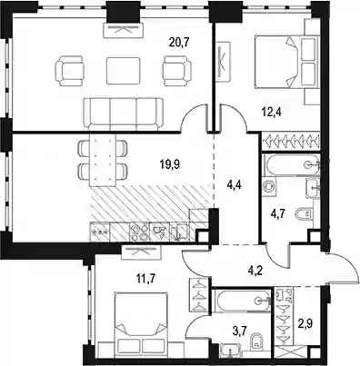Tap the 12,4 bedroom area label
point(272,113)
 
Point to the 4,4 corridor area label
point(235,183)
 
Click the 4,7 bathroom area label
point(276,212)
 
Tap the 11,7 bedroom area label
point(146,278)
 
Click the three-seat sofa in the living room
point(124,114)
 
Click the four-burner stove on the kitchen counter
point(139,232)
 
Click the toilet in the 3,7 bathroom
point(256,342)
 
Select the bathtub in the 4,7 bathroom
point(291,164)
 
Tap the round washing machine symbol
point(269,185)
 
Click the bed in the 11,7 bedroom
point(141,321)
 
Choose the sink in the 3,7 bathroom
point(231,351)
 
